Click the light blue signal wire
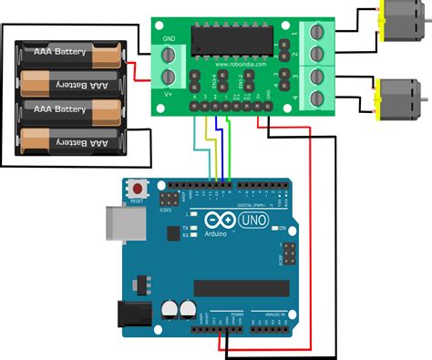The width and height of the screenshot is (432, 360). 196,141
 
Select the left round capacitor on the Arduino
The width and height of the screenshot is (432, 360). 169,310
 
